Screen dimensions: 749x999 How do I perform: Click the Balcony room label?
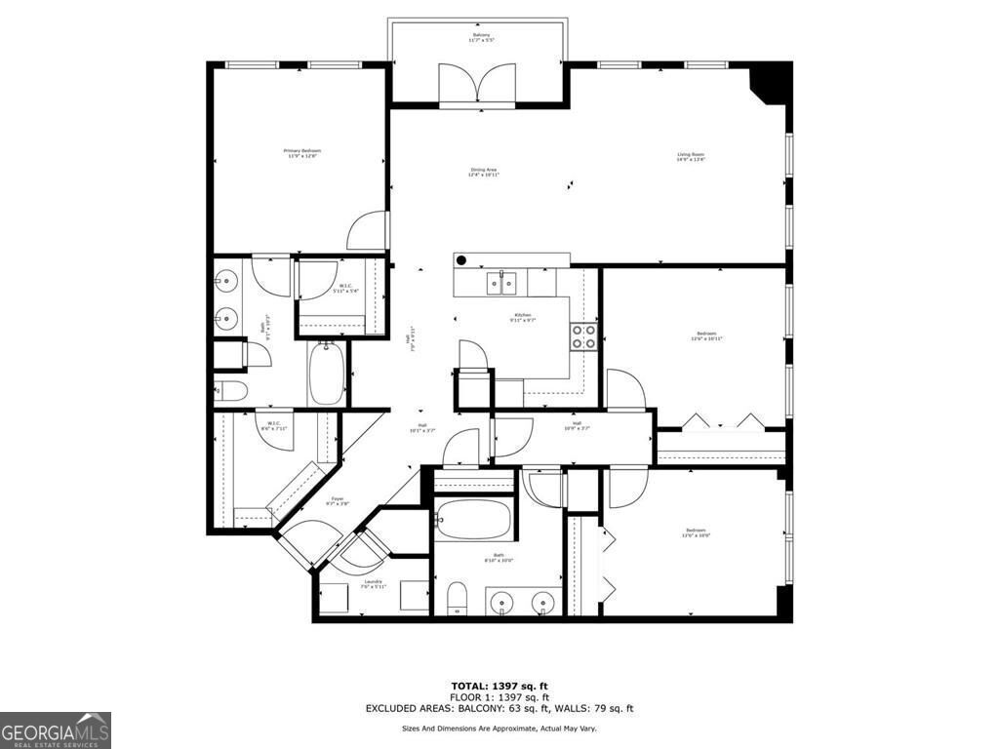pos(478,38)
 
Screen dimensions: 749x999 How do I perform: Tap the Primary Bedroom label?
pos(301,153)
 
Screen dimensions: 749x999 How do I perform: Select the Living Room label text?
pos(691,157)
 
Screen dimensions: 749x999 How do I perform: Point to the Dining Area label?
pos(484,172)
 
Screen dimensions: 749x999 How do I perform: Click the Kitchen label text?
pos(523,317)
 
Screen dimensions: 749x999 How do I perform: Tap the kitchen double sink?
pos(501,283)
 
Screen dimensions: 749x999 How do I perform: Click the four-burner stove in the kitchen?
pos(583,336)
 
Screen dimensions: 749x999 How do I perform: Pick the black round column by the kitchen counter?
pos(461,260)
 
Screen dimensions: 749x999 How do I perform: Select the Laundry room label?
pos(373,584)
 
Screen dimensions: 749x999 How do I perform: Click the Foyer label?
pos(338,501)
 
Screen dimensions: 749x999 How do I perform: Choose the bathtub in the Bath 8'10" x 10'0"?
pos(473,521)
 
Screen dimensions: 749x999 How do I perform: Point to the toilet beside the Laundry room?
pos(457,599)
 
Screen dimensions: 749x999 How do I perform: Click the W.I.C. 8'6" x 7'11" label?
pos(272,425)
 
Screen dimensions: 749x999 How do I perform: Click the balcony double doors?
pos(476,86)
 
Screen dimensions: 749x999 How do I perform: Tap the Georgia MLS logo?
pos(56,729)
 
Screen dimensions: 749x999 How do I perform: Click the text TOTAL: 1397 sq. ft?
pos(499,686)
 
